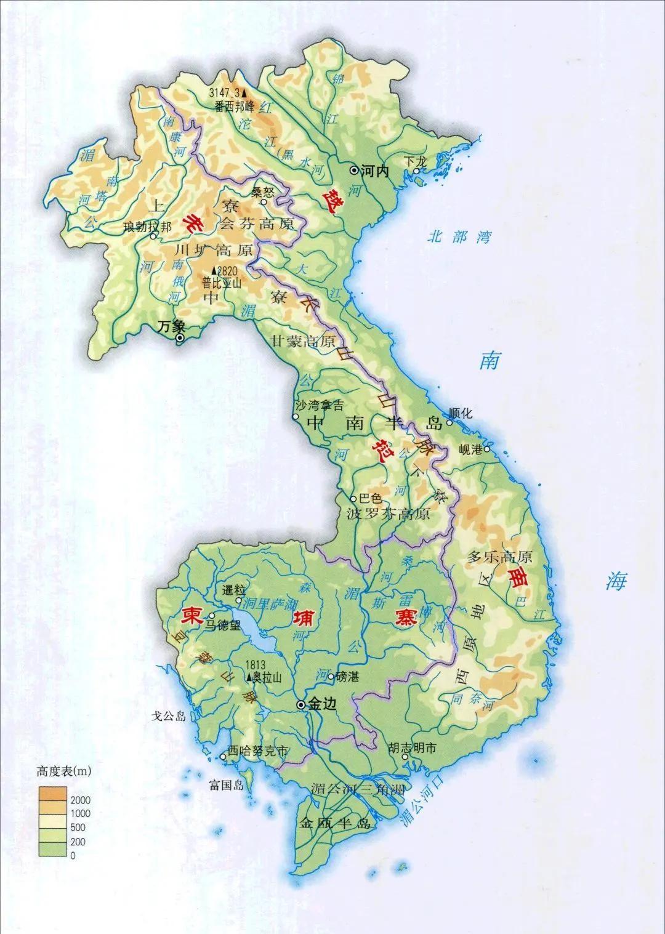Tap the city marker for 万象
tap(180, 338)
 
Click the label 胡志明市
tap(412, 749)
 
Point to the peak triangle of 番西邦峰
tap(244, 92)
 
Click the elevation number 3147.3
tap(224, 92)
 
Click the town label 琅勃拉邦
tap(139, 227)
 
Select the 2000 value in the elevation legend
tap(80, 800)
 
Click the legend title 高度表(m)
tap(63, 771)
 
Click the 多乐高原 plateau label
tap(499, 557)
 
